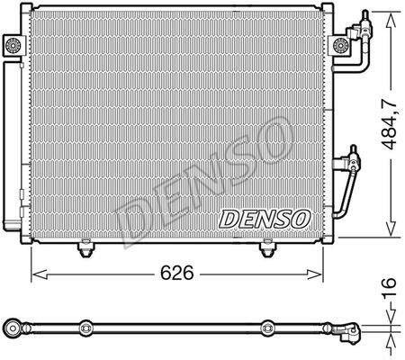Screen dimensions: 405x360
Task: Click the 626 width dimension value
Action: point(177,273)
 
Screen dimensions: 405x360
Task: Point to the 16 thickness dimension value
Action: point(390,287)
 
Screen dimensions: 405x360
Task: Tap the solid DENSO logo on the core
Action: point(265,219)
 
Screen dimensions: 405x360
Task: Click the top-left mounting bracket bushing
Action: point(13,45)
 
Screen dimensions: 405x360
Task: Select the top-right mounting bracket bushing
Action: point(340,46)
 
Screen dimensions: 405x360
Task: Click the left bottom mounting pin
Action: point(85,248)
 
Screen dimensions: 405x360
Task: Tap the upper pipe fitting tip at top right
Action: point(365,15)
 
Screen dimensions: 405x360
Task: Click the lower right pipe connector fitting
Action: point(353,158)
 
